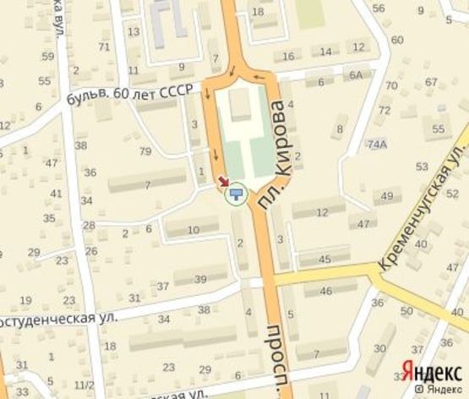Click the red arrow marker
coord(224,181)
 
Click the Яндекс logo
coord(431,371)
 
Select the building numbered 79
coord(145,152)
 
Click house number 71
coord(104,46)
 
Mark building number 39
coord(200,280)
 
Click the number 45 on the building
coord(325,259)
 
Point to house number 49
coord(388,196)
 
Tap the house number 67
coord(431,82)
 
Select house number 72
coord(384,110)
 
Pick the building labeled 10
coord(193,230)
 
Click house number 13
coord(134,31)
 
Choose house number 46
coord(326,292)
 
